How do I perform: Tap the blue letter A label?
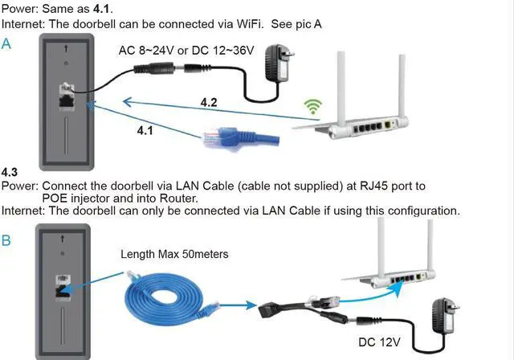(6, 44)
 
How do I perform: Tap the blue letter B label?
(6, 240)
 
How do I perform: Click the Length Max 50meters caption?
(174, 254)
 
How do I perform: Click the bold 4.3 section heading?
(10, 173)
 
